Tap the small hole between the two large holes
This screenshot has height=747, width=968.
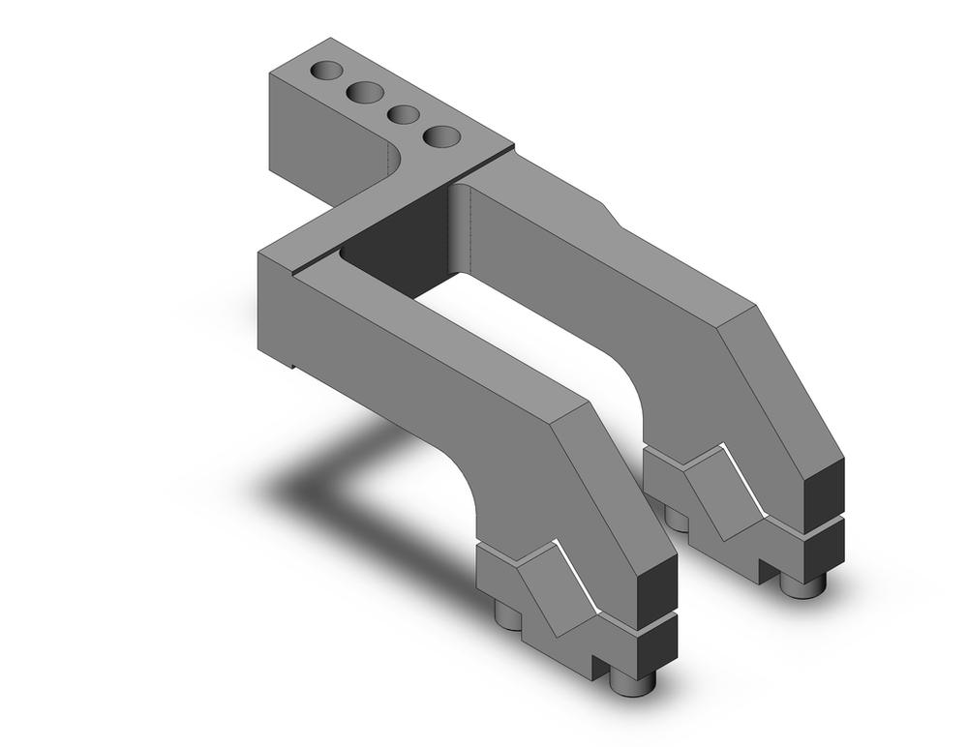coord(403,114)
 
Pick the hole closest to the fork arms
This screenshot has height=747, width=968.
coord(441,136)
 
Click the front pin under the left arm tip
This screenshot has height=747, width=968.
coord(635,683)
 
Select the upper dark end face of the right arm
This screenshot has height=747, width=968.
coord(826,492)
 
